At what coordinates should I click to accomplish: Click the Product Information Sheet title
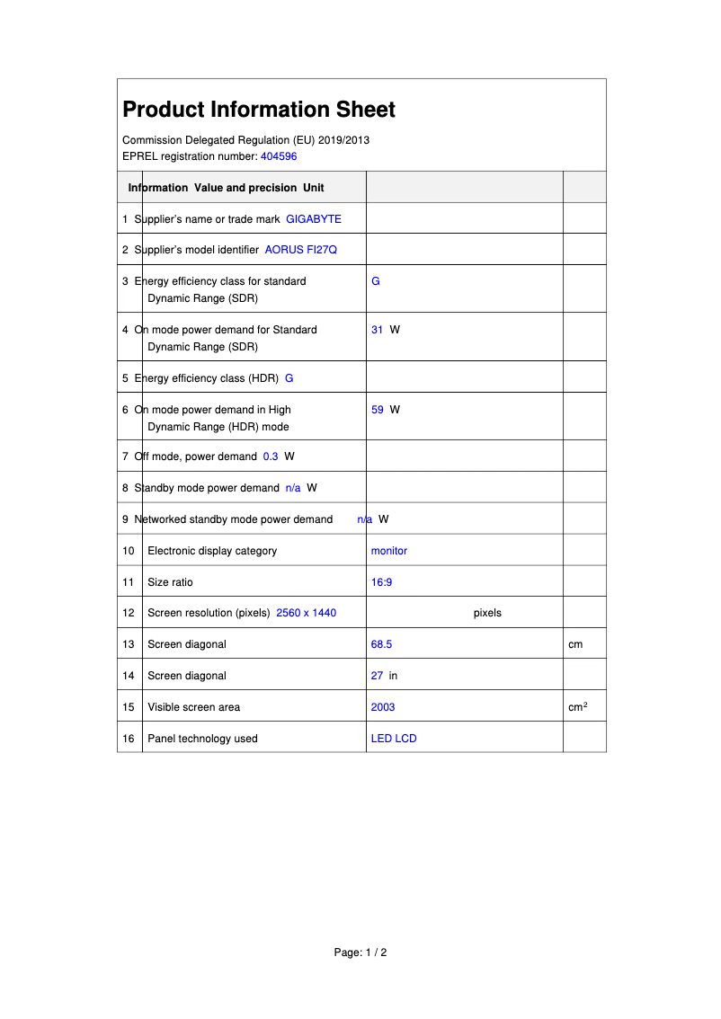[x=259, y=110]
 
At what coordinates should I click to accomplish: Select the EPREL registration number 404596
[x=279, y=156]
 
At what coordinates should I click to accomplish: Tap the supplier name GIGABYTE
[x=314, y=219]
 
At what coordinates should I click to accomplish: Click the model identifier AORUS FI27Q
[x=300, y=250]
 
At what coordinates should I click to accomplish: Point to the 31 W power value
[x=385, y=330]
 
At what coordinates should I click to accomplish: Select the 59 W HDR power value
[x=385, y=410]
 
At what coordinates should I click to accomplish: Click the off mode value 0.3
[x=271, y=456]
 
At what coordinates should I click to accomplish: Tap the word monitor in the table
[x=388, y=551]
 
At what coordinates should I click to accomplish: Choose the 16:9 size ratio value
[x=381, y=582]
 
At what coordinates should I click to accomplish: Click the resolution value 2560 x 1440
[x=306, y=613]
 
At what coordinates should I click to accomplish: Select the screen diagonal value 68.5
[x=381, y=644]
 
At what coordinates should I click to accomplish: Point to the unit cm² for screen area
[x=577, y=707]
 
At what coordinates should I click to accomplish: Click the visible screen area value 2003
[x=383, y=707]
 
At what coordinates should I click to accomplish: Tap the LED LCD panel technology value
[x=394, y=739]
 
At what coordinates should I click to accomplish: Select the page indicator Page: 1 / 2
[x=360, y=953]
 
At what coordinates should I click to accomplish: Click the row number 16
[x=129, y=739]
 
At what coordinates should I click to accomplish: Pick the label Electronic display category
[x=212, y=551]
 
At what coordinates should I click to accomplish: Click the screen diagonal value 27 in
[x=384, y=676]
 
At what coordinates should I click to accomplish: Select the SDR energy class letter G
[x=375, y=281]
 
